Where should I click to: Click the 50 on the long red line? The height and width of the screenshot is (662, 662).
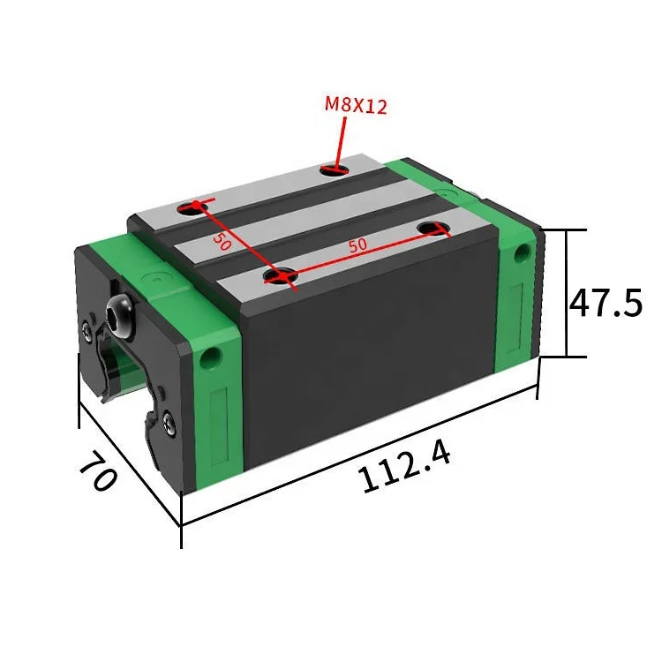pos(357,246)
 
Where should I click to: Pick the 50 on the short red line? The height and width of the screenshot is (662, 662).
pos(221,239)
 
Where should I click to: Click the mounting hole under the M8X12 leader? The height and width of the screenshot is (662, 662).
pos(334,167)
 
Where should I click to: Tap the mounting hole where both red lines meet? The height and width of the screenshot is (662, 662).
pos(279,278)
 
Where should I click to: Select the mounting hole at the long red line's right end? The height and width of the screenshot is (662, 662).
pos(432,229)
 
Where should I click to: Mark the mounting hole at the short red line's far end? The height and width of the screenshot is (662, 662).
pos(191,207)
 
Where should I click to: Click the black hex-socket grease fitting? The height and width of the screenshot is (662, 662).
pos(117,315)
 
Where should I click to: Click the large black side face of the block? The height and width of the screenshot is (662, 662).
pos(371,362)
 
